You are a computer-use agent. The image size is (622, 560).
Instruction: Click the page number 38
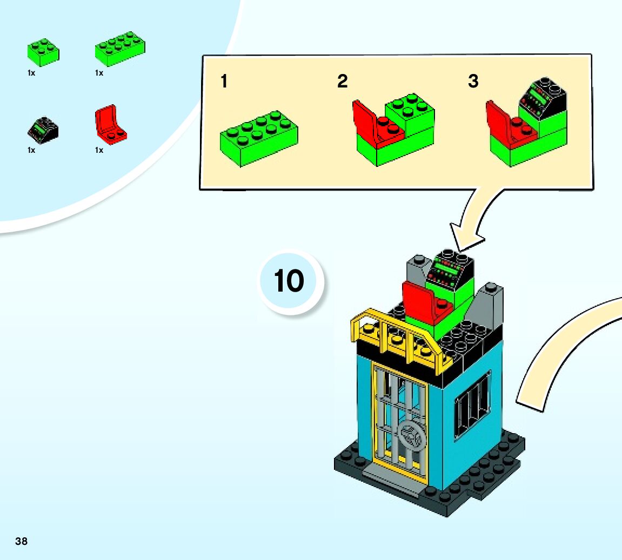21,541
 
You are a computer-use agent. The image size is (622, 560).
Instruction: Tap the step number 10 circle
289,281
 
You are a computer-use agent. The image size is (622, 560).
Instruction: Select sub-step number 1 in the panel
224,82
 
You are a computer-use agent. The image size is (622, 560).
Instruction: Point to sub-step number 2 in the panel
342,82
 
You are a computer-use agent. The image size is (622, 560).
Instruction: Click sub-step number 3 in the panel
473,82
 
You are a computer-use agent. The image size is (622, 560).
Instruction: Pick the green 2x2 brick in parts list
43,52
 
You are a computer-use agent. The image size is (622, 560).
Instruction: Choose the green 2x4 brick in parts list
119,49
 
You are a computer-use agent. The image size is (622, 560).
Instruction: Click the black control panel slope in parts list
42,129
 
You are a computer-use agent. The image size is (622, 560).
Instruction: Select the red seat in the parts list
109,125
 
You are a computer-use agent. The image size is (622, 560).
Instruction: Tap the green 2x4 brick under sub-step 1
258,138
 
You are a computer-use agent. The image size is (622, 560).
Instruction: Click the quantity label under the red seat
99,150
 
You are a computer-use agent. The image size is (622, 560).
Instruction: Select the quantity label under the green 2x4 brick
99,73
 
